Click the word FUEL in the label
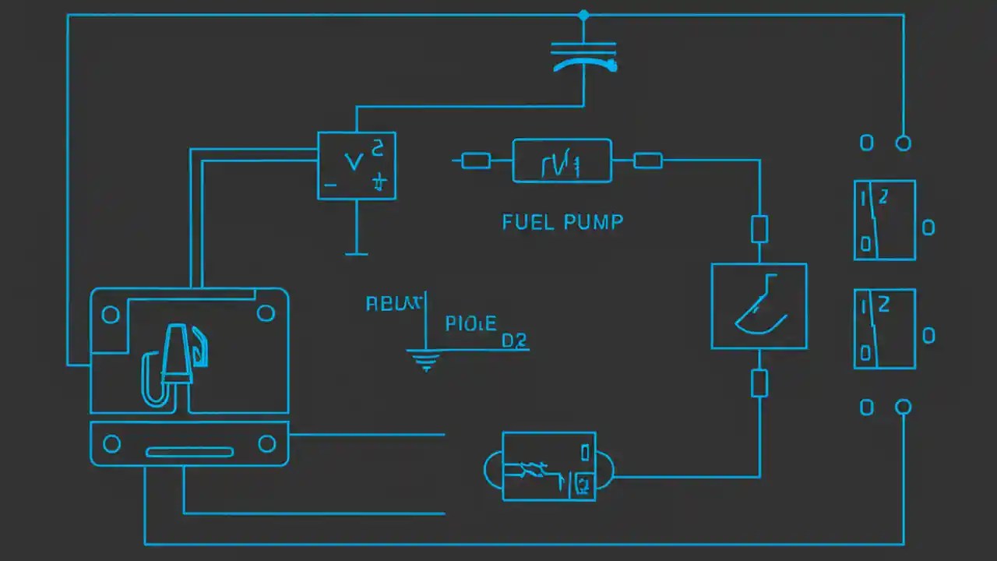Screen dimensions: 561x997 click(527, 222)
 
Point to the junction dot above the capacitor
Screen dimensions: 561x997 click(583, 15)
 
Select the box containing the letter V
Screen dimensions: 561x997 click(356, 165)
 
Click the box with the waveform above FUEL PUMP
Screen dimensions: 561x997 click(562, 161)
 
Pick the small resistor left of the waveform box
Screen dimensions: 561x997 click(475, 161)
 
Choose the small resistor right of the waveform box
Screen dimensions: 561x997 click(648, 161)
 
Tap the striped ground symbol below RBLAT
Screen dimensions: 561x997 click(425, 360)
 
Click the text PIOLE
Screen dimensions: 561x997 click(470, 323)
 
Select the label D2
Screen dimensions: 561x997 click(514, 340)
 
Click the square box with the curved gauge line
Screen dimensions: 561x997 click(759, 306)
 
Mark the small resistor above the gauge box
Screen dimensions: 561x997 click(759, 229)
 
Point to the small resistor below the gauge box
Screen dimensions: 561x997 click(759, 383)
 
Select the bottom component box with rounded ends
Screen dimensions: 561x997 click(549, 466)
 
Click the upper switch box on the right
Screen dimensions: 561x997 click(884, 220)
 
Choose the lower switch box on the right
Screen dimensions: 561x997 click(884, 328)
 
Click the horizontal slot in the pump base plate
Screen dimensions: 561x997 click(189, 452)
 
